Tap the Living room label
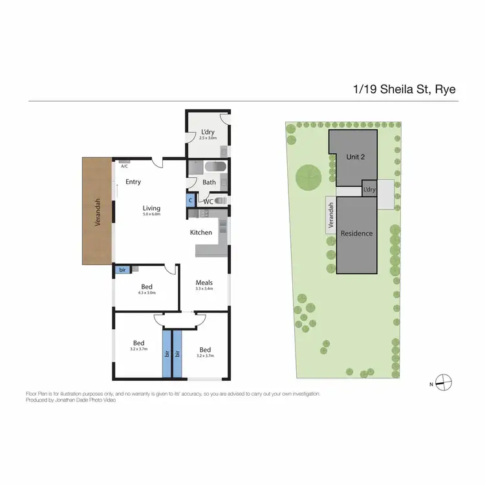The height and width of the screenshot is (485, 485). [151, 208]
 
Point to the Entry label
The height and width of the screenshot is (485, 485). [133, 182]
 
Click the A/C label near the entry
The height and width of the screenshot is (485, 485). [124, 166]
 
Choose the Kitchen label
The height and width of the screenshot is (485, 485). [200, 232]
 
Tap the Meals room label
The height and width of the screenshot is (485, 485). [204, 283]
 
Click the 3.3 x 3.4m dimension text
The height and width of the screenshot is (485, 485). [204, 289]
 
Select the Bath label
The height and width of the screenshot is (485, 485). [209, 182]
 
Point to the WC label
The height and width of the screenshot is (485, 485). [208, 201]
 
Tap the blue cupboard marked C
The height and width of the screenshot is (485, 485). [191, 200]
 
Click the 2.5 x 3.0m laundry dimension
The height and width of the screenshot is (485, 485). [208, 138]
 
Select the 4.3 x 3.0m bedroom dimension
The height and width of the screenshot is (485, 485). [147, 293]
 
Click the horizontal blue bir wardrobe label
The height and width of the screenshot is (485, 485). [122, 269]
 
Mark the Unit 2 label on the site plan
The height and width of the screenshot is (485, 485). [355, 157]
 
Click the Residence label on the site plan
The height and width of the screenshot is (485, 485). [357, 233]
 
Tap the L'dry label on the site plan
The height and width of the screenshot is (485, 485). [369, 189]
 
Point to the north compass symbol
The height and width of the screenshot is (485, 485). [444, 382]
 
